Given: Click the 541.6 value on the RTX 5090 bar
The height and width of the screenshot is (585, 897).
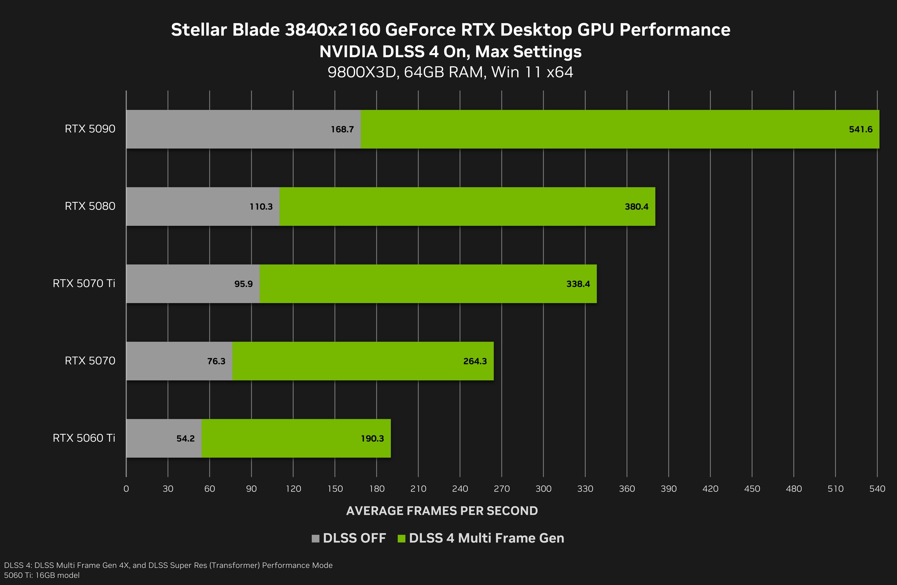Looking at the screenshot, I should tap(860, 129).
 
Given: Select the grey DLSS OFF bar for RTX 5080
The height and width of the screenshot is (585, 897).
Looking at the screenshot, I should tap(188, 206).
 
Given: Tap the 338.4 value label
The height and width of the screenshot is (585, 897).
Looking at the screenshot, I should tap(578, 284).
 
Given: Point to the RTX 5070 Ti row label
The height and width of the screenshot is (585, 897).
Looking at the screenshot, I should tap(84, 283).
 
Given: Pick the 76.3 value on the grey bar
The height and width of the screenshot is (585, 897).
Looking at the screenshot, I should tap(216, 361).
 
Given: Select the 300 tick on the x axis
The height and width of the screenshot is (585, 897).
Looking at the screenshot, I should tap(543, 489).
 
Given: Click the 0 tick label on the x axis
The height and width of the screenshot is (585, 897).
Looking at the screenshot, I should tap(126, 489).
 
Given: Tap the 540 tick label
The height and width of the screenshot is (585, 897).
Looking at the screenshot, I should tap(877, 489).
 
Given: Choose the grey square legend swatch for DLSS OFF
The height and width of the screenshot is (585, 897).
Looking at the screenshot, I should tap(315, 539).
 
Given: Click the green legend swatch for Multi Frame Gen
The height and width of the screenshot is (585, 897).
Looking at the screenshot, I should tap(401, 539).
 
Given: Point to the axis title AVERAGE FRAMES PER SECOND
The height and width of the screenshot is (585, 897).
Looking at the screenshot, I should tap(442, 511).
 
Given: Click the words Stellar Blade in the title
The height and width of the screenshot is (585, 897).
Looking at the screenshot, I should tap(225, 30).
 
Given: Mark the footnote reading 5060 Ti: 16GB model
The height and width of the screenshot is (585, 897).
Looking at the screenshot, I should tap(42, 575).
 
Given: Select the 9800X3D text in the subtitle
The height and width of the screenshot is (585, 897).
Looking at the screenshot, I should tap(362, 72).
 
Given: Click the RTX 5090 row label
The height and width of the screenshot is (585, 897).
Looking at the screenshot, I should tap(90, 129).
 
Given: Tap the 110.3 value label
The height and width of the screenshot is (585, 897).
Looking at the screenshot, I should tap(261, 206).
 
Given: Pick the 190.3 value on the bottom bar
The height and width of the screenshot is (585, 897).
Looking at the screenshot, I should tap(372, 438).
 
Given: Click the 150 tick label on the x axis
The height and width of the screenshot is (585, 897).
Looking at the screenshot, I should tap(335, 489).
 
